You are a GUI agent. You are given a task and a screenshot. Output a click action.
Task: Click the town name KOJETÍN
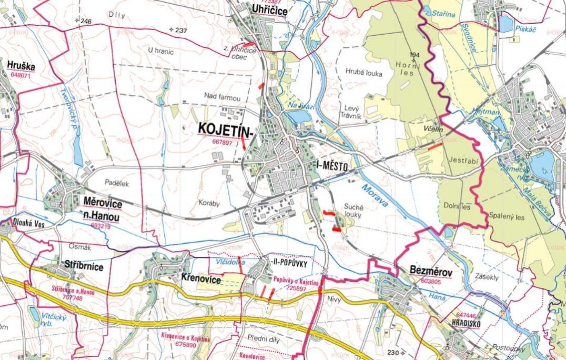[225, 129]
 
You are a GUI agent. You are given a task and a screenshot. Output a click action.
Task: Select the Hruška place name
[21, 65]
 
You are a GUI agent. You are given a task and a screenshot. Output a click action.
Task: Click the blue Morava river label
[375, 195]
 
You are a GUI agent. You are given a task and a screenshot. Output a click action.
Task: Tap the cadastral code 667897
[223, 142]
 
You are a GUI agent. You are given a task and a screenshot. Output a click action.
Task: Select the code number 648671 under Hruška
[21, 75]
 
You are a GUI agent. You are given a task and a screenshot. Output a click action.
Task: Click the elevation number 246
[86, 22]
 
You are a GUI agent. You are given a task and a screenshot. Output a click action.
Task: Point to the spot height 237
[181, 31]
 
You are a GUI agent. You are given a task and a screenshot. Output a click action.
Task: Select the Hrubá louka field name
[363, 73]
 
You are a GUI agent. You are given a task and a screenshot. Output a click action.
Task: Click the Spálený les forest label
[507, 216]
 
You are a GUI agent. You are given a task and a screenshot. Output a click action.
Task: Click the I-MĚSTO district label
[332, 166]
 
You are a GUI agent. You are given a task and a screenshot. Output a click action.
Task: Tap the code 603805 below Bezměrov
[432, 282]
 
